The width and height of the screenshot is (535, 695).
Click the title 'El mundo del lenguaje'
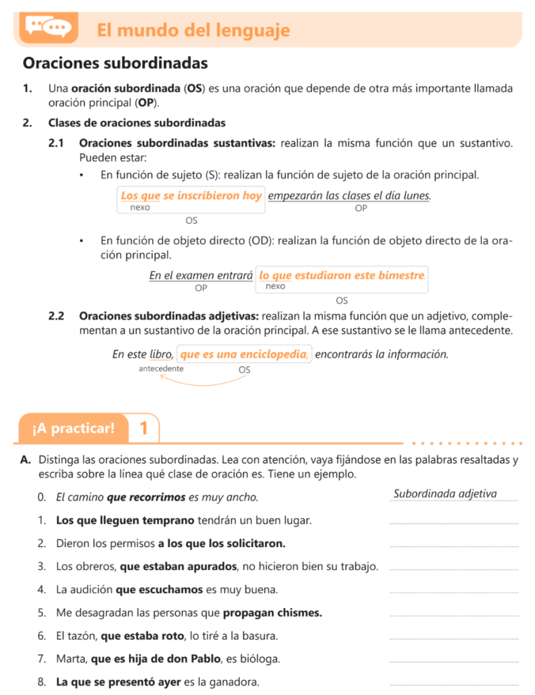[193, 30]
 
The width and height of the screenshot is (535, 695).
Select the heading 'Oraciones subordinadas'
[115, 64]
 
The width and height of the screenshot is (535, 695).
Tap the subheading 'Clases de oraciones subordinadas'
[137, 123]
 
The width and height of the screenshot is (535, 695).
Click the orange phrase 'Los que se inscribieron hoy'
[191, 195]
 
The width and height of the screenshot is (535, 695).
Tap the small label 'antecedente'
[160, 369]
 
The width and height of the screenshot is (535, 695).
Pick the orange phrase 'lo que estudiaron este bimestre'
[343, 276]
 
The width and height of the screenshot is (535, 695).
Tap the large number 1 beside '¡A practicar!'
[143, 428]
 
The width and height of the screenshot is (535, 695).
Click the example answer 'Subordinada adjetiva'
[445, 493]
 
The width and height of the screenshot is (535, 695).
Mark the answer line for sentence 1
[453, 523]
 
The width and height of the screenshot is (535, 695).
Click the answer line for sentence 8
[453, 684]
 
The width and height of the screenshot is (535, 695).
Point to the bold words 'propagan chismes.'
[273, 613]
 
